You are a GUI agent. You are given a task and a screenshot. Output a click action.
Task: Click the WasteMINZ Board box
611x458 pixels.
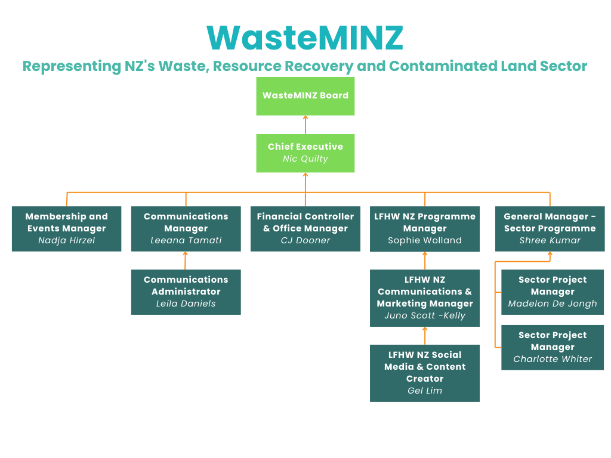(x=305, y=96)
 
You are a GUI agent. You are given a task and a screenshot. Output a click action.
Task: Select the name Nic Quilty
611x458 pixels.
(x=305, y=159)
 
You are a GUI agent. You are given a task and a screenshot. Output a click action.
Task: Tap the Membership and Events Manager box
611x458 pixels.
(x=66, y=228)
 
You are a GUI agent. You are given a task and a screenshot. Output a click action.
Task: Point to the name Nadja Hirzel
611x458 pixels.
(x=66, y=241)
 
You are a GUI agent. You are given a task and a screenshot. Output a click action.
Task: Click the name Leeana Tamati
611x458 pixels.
(x=186, y=241)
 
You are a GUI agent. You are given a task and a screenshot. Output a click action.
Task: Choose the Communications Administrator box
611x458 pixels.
(x=186, y=292)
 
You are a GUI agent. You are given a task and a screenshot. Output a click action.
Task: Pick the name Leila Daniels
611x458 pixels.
(x=186, y=304)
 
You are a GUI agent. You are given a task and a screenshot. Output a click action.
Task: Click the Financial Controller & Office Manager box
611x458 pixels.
(x=305, y=228)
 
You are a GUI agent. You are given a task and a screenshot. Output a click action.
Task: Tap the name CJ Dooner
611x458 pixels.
(x=305, y=241)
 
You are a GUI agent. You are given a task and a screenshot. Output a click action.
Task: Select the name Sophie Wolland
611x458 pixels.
(x=424, y=241)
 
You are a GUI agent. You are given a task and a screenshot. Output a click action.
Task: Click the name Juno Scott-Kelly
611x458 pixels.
(x=424, y=316)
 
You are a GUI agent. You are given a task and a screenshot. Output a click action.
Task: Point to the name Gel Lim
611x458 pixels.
(x=424, y=391)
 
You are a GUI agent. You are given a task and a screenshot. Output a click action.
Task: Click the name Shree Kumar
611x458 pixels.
(x=550, y=241)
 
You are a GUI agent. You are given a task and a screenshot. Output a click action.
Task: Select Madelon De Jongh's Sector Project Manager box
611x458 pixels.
(x=552, y=292)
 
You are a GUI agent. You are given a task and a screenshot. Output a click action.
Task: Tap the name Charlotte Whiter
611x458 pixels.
(x=552, y=360)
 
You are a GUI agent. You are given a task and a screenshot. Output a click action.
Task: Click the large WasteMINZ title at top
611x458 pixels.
(x=305, y=38)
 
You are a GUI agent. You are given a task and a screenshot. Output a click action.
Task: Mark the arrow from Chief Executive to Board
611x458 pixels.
(x=305, y=125)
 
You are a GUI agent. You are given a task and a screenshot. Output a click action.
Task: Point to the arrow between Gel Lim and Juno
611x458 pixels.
(x=424, y=336)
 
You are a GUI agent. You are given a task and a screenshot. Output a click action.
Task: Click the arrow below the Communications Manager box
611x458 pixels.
(x=186, y=261)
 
